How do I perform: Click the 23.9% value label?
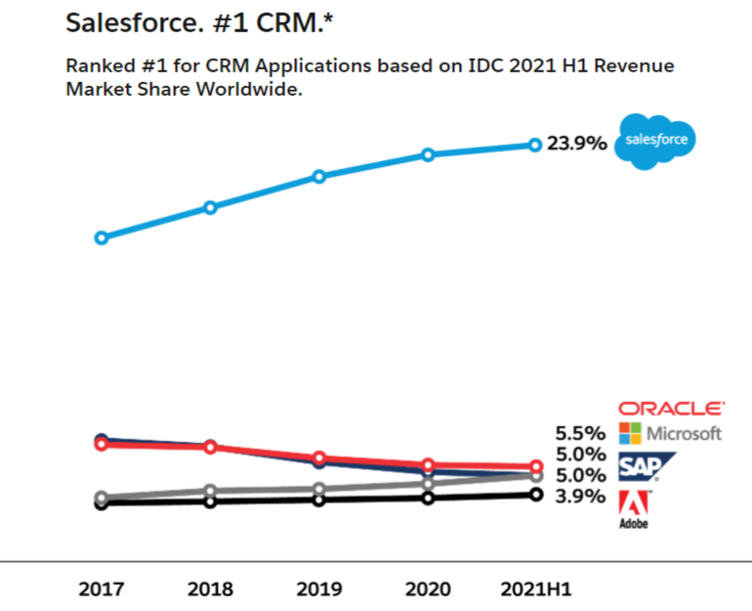click(576, 144)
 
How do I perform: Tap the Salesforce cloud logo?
click(655, 141)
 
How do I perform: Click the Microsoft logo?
click(671, 432)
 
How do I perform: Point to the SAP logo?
click(640, 468)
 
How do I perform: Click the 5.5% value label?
click(580, 432)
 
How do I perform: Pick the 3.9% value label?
click(580, 498)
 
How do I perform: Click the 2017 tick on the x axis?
click(101, 589)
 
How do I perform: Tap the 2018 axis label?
click(210, 589)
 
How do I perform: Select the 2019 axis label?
click(318, 589)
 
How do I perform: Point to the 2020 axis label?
click(427, 589)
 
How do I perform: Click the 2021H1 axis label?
click(535, 589)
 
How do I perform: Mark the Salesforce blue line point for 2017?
click(101, 238)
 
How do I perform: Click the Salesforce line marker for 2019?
click(318, 177)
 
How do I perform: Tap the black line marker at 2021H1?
click(535, 495)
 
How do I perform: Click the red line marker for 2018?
click(210, 448)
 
